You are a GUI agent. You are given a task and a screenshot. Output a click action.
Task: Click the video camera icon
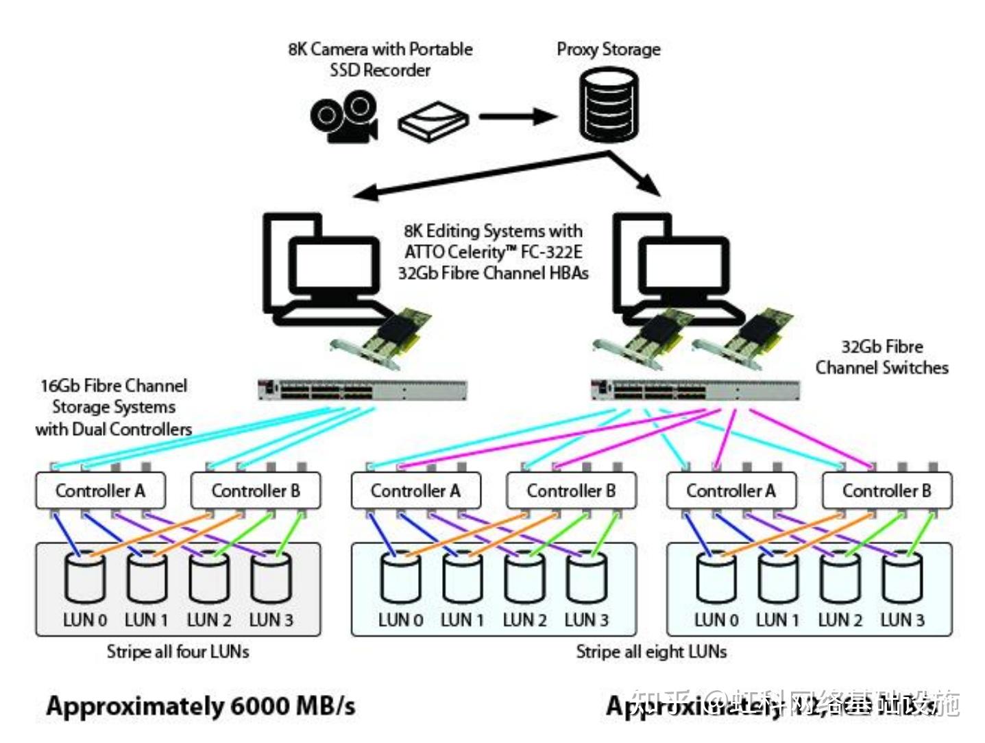pyautogui.click(x=343, y=117)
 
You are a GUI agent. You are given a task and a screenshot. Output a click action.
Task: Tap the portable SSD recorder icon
pyautogui.click(x=433, y=122)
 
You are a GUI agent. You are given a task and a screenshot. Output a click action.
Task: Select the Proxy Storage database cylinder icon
pyautogui.click(x=609, y=104)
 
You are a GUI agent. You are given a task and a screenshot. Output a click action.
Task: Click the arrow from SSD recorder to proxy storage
pyautogui.click(x=518, y=117)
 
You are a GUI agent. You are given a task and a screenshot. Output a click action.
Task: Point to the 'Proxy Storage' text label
pyautogui.click(x=608, y=49)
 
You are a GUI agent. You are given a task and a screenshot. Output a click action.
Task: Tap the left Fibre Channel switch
pyautogui.click(x=362, y=390)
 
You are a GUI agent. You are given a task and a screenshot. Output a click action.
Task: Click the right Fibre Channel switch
pyautogui.click(x=694, y=390)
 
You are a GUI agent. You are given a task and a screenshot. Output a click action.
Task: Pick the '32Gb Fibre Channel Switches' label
pyautogui.click(x=881, y=357)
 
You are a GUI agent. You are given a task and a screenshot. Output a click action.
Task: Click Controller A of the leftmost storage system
pyautogui.click(x=100, y=491)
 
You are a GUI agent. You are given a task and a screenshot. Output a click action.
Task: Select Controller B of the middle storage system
pyautogui.click(x=570, y=491)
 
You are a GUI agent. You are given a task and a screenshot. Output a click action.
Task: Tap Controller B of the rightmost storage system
pyautogui.click(x=886, y=491)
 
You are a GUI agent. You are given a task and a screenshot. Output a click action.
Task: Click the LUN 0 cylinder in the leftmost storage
pyautogui.click(x=84, y=578)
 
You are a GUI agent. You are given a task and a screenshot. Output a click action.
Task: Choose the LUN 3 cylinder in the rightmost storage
pyautogui.click(x=902, y=578)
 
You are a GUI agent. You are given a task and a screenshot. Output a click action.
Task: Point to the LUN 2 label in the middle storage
pyautogui.click(x=524, y=620)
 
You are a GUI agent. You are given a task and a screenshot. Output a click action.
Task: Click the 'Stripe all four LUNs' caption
pyautogui.click(x=178, y=651)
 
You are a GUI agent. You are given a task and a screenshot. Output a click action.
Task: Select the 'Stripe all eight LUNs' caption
pyautogui.click(x=650, y=651)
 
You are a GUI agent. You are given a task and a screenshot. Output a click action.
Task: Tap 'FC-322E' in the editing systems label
pyautogui.click(x=551, y=252)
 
